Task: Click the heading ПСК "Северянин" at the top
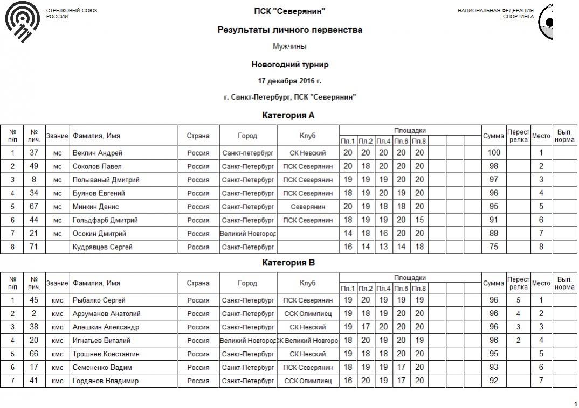tap(289, 11)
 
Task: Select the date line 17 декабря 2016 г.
tap(289, 81)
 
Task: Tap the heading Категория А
tap(288, 115)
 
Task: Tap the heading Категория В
tap(288, 263)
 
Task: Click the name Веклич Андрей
tap(98, 153)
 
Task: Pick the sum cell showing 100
tap(494, 153)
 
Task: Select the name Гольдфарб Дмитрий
tap(105, 220)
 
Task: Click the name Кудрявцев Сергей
tap(102, 247)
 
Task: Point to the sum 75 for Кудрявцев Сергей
tap(494, 247)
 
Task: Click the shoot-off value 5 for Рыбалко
tap(518, 300)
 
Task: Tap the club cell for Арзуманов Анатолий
tap(308, 314)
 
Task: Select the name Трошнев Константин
tap(106, 354)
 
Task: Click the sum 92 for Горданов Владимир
tap(494, 381)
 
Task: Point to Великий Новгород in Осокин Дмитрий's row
tap(248, 234)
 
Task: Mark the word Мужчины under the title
tap(289, 47)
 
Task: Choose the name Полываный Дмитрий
tap(106, 180)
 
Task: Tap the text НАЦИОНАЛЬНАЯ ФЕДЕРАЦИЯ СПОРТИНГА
tap(495, 13)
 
